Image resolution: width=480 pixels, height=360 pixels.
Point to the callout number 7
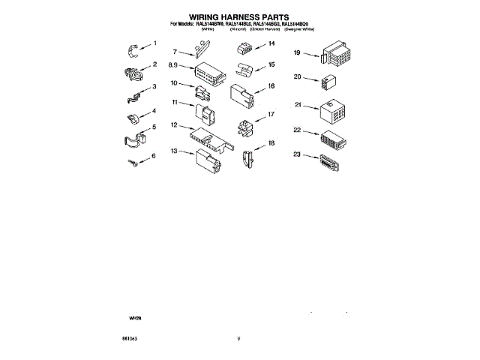174,52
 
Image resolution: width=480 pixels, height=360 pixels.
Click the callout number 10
174,83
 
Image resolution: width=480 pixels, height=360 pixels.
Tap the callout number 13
175,151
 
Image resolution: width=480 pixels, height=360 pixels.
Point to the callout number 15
271,65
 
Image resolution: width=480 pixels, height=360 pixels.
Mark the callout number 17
271,114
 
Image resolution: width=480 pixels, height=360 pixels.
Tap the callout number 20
298,76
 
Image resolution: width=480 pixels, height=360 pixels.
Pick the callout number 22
298,130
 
